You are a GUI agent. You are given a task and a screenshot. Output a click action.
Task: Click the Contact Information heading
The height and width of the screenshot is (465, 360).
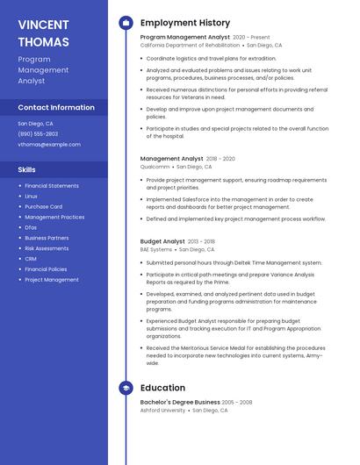56,107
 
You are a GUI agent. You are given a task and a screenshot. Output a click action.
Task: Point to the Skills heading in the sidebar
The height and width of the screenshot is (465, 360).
27,169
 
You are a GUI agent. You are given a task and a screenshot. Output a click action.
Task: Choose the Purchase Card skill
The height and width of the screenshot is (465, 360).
43,206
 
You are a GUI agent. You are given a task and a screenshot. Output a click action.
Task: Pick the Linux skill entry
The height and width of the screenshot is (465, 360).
32,196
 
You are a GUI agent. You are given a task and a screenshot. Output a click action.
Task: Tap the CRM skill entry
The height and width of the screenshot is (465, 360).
31,259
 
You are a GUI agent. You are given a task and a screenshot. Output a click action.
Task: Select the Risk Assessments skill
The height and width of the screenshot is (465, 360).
47,248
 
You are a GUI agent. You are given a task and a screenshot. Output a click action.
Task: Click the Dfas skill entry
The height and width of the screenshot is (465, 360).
31,227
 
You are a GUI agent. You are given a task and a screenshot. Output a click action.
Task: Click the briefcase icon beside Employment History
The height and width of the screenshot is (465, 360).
126,23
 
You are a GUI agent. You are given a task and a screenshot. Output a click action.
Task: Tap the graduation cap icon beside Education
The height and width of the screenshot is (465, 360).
126,388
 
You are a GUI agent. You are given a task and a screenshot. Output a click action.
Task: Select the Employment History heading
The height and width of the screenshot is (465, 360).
185,23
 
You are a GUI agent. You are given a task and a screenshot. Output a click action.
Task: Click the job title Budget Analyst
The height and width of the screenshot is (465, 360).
162,241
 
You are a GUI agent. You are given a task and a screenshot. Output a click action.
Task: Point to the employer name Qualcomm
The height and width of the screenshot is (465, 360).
155,166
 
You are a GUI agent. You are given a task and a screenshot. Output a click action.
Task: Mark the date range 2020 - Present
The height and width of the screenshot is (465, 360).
252,38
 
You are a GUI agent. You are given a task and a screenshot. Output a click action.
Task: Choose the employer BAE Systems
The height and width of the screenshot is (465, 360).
156,249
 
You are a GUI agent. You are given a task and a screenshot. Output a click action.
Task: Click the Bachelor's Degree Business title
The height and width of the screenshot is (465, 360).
179,402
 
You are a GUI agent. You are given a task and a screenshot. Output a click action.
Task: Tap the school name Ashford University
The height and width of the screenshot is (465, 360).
163,410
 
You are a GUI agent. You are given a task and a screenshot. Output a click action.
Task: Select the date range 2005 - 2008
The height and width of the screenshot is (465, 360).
237,402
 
